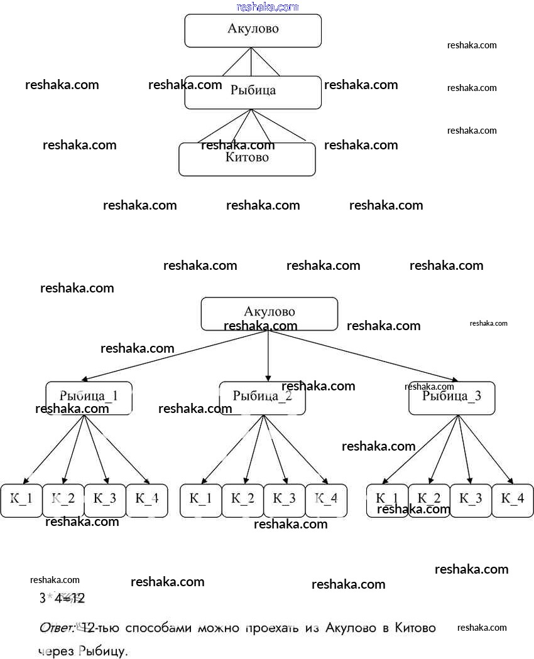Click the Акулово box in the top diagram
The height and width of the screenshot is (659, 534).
[x=253, y=30]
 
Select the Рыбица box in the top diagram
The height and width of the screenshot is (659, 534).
[x=253, y=92]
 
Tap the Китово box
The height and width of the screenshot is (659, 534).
[x=247, y=159]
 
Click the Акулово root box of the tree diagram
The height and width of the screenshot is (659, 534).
[x=269, y=313]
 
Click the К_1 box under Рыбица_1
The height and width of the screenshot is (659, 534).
[x=21, y=500]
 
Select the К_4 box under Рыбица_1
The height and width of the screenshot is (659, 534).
[x=147, y=500]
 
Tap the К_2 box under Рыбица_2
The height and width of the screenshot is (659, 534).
[x=242, y=500]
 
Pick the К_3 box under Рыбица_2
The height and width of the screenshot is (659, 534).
[x=284, y=500]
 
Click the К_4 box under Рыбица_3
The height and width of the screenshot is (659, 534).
[x=513, y=500]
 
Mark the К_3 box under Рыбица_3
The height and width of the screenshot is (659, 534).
[x=471, y=500]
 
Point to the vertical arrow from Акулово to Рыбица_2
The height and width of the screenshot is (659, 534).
[x=268, y=355]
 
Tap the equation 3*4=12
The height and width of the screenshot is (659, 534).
[x=62, y=598]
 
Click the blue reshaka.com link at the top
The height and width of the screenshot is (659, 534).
[x=267, y=7]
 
